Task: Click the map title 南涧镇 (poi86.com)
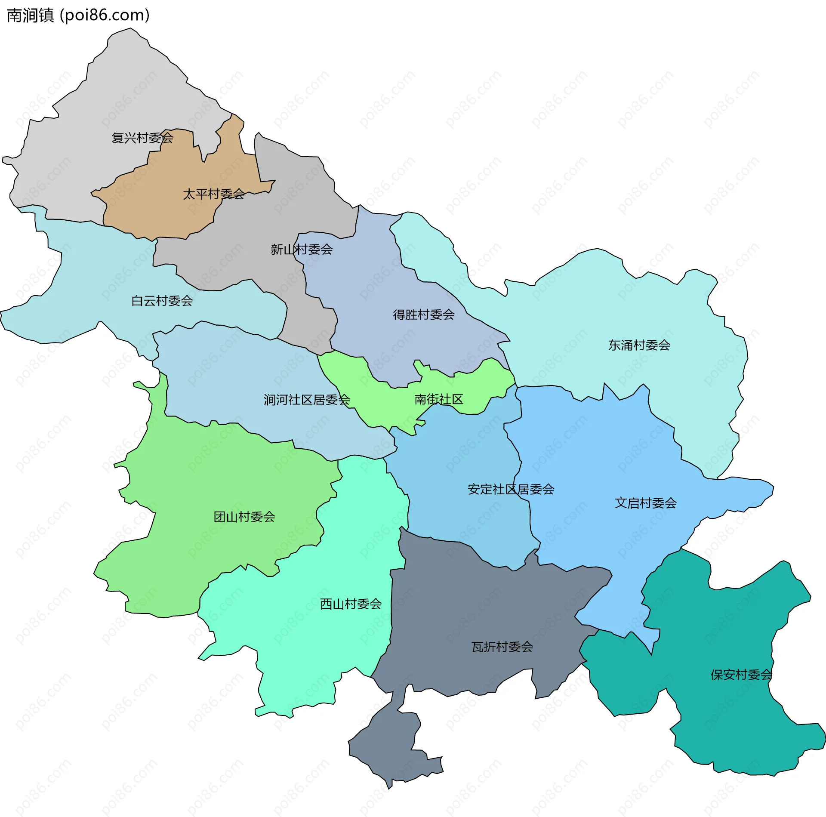78,15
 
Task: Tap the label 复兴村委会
142,138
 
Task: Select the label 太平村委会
214,194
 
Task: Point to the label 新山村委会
302,250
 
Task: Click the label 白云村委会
162,301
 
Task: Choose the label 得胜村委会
424,315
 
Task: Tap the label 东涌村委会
639,345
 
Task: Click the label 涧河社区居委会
307,400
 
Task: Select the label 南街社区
438,400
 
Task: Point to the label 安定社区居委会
511,489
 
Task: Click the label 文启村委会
645,503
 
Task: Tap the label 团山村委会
244,517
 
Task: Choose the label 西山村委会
351,604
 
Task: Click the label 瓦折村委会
502,647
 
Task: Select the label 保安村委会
741,675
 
